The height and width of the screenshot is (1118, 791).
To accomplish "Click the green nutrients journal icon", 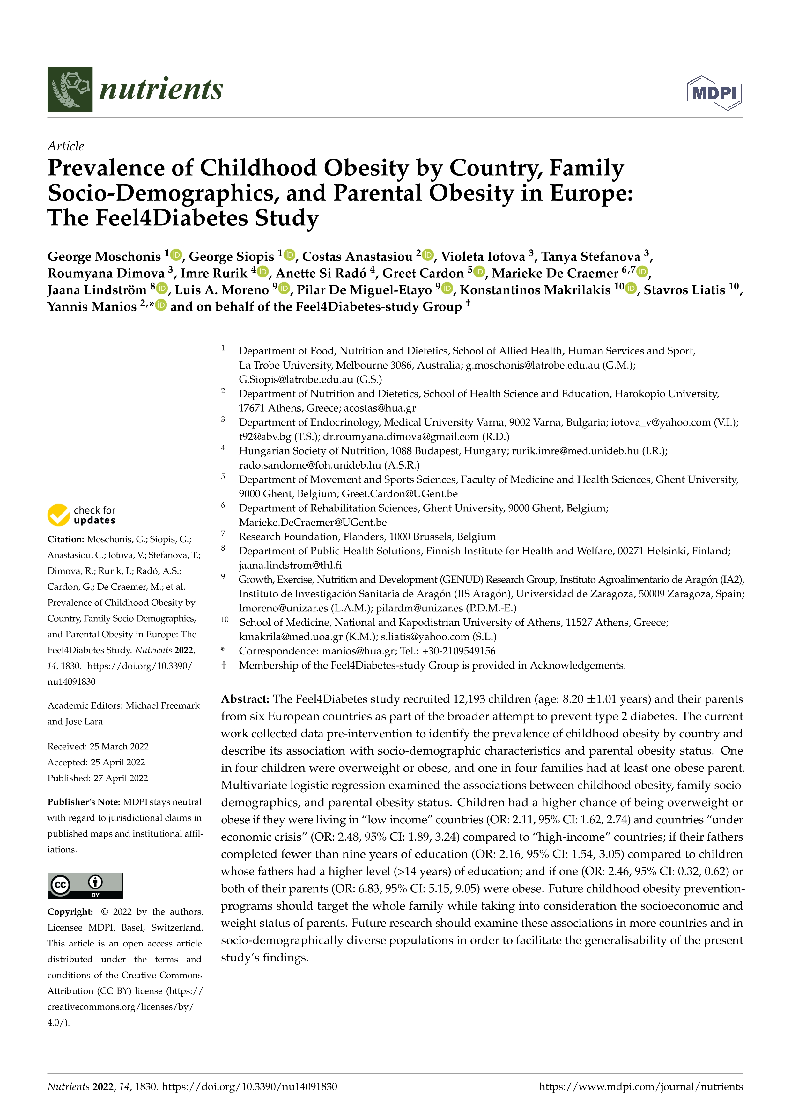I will [x=70, y=89].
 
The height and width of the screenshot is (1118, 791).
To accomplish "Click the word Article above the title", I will [x=65, y=146].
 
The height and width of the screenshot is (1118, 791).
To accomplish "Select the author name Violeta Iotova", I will [x=482, y=257].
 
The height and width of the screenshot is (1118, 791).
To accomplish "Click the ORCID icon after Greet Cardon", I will [x=480, y=271].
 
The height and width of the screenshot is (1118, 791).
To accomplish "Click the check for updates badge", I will [x=81, y=515].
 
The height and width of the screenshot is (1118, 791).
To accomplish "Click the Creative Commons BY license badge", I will [x=85, y=885].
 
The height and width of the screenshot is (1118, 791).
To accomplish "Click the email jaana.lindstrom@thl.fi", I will [x=290, y=565].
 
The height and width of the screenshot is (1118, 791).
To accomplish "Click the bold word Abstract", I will [x=245, y=699].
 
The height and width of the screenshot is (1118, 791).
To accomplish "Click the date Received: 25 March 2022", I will [x=98, y=747].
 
